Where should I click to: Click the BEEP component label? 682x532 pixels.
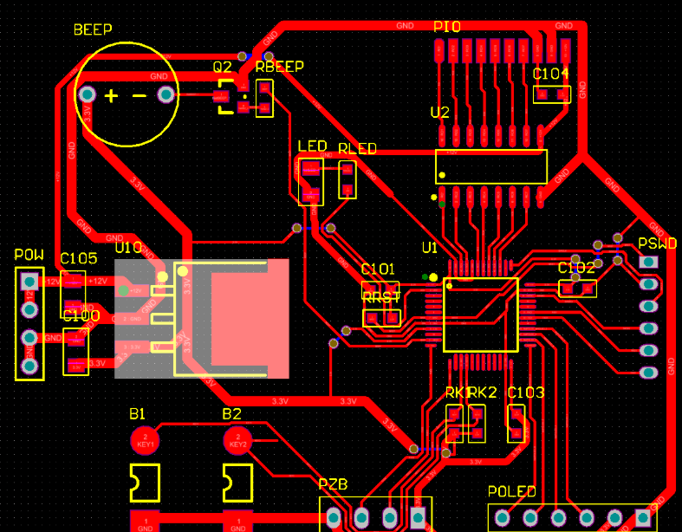click(93, 29)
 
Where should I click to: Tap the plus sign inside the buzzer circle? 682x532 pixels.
click(111, 95)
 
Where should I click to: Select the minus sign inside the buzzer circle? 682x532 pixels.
click(139, 95)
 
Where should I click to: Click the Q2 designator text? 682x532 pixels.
click(223, 67)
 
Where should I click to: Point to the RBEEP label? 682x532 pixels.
click(279, 67)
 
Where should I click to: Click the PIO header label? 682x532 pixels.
click(447, 27)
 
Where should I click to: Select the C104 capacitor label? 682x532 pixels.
click(551, 74)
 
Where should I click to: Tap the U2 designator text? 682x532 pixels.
click(439, 113)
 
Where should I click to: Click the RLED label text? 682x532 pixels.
click(357, 149)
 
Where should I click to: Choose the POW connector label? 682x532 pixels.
click(29, 256)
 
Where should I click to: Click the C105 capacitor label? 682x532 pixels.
click(78, 258)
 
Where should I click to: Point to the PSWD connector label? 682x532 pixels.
click(657, 243)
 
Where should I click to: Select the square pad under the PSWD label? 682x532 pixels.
click(647, 261)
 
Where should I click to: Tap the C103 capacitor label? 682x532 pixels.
click(526, 393)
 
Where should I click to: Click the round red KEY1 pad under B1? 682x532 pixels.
click(145, 440)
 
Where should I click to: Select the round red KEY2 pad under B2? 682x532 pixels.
click(237, 440)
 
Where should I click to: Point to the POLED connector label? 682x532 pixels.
click(511, 492)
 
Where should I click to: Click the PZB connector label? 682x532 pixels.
click(333, 484)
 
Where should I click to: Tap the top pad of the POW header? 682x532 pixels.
click(29, 281)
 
